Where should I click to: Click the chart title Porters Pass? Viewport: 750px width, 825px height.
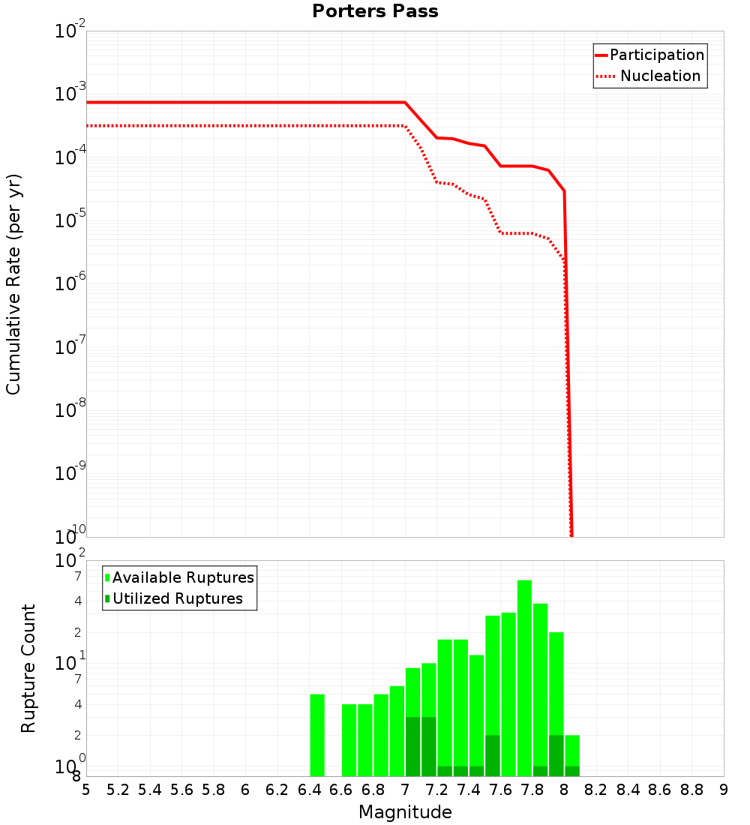coord(375,11)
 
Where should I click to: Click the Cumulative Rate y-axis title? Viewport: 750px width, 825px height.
coord(13,283)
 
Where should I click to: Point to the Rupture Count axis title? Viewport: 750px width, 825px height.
coord(28,667)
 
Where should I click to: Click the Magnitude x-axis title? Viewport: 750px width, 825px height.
coord(405,812)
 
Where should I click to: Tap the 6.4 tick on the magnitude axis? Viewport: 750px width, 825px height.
coord(310,790)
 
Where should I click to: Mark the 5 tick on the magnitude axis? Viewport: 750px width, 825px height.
coord(86,790)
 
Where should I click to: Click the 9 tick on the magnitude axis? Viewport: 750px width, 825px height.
coord(723,790)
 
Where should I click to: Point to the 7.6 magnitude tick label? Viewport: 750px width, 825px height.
coord(500,790)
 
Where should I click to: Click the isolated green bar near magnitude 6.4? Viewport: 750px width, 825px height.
coord(317,735)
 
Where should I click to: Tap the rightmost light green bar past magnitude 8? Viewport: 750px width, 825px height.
coord(572,750)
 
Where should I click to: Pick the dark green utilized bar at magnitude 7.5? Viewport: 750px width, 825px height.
coord(493,756)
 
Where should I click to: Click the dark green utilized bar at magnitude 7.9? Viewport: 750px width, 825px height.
coord(556,756)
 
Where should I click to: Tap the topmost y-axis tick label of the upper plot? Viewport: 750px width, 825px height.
coord(70,31)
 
